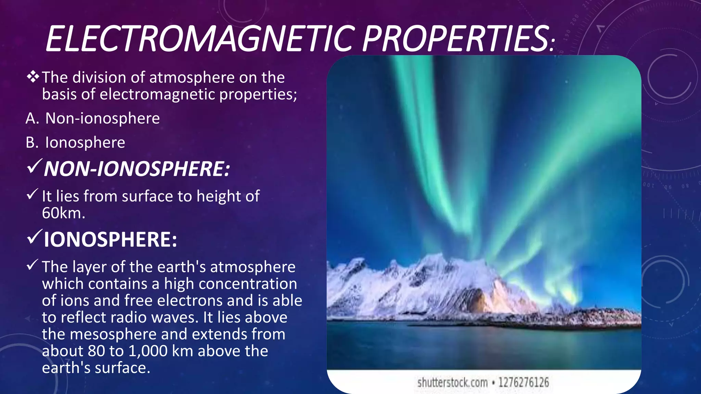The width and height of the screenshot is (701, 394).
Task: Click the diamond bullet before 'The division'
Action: (33, 77)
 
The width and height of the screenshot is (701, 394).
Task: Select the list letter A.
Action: (32, 119)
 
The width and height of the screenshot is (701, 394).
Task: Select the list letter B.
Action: (32, 143)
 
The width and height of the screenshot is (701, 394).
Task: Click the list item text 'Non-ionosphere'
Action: (102, 119)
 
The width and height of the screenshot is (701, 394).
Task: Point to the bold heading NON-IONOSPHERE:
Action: (137, 169)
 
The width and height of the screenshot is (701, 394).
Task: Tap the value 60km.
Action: (63, 213)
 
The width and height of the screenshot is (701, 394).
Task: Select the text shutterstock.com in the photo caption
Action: (452, 382)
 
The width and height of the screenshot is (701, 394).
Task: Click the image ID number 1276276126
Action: (523, 382)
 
